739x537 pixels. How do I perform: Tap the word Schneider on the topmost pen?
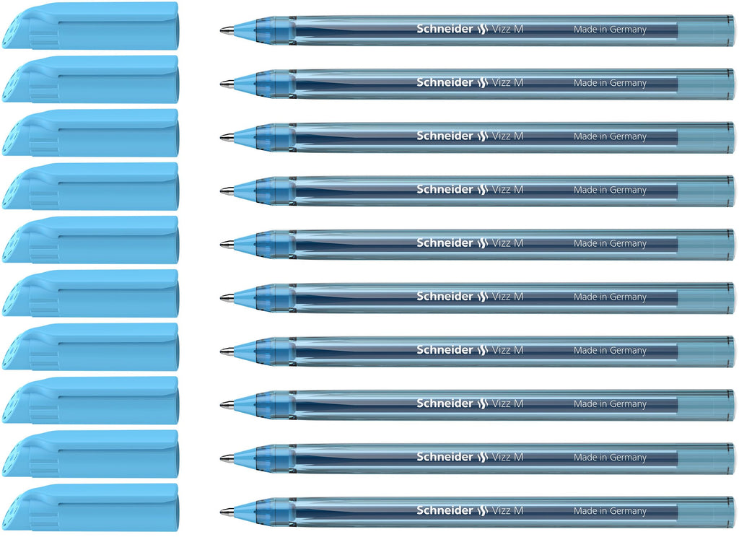[445, 29]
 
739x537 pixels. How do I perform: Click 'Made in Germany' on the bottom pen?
[610, 510]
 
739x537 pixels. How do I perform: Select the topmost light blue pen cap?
[90, 25]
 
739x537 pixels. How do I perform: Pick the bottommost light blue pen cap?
[90, 507]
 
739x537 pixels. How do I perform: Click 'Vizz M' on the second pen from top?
[507, 82]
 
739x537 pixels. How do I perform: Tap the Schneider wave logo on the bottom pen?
[481, 510]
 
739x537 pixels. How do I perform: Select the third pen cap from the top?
[90, 133]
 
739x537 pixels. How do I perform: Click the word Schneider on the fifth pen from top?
[445, 243]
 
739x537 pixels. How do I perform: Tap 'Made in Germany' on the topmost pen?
[610, 29]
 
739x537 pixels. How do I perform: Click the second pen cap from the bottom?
[90, 453]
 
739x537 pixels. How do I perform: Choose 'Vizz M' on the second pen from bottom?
[507, 457]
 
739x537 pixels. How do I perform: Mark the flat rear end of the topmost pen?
[734, 30]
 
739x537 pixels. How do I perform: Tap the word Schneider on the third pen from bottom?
[445, 403]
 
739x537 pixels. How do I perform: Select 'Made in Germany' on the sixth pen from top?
[610, 297]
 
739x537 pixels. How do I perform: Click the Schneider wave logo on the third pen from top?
[481, 136]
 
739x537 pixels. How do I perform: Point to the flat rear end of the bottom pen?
[734, 512]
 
